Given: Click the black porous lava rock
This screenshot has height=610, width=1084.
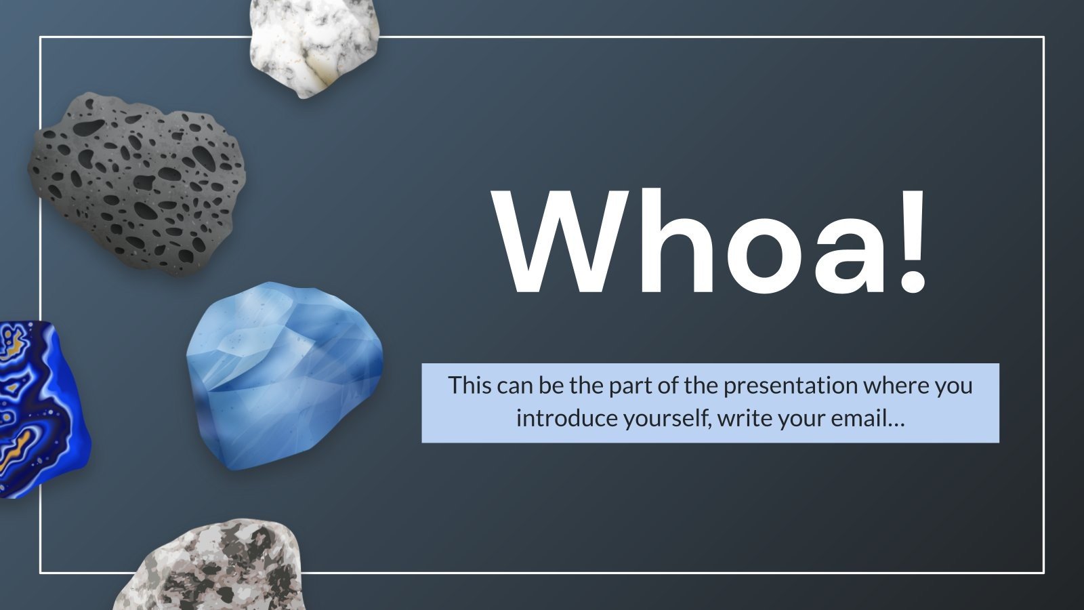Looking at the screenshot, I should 135,183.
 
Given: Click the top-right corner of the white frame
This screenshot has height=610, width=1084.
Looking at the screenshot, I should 1043,38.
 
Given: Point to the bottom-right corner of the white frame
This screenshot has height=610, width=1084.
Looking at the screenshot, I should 1043,573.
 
